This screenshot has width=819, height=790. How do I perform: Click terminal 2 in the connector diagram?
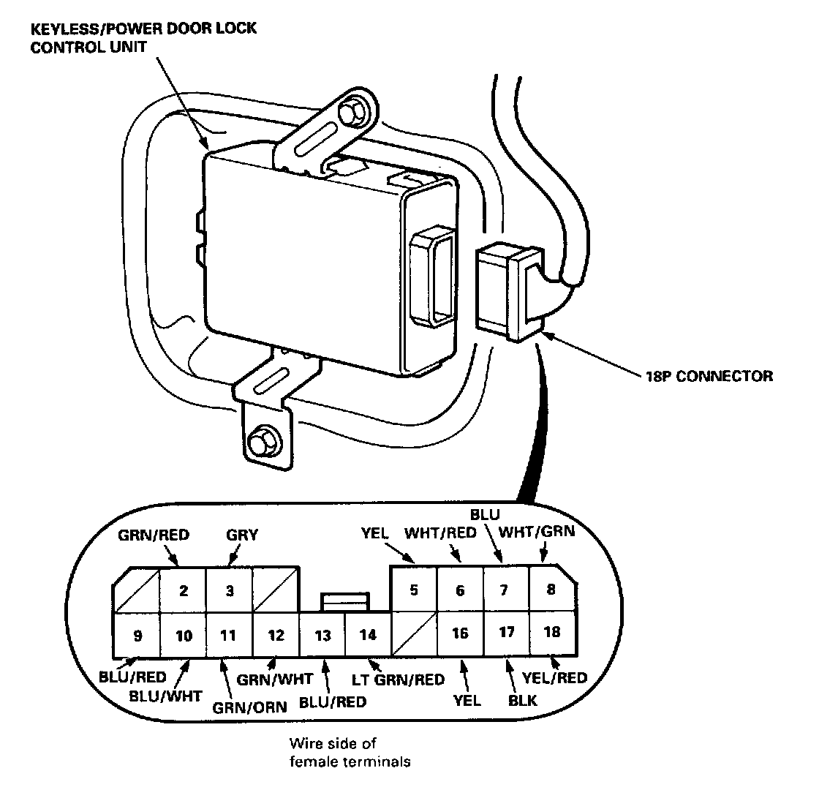(x=184, y=590)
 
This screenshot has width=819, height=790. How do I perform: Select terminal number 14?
(x=368, y=634)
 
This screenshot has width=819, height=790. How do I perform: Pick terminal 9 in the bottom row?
(x=137, y=635)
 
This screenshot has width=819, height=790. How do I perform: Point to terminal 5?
(x=414, y=590)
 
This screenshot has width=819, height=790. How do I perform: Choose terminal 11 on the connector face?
(x=229, y=635)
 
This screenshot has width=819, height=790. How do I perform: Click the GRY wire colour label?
(x=241, y=535)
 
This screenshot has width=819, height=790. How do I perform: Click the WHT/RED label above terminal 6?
(x=440, y=532)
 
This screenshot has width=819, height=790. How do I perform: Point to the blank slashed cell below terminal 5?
(x=414, y=634)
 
